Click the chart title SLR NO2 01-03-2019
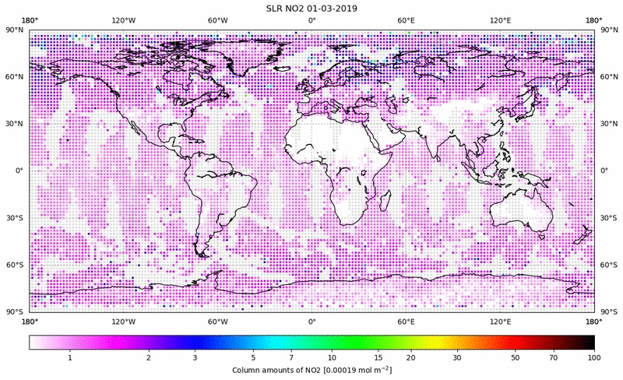pos(311,7)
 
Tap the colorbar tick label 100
pos(594,357)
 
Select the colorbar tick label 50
pos(516,357)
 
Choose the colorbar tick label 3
pos(195,357)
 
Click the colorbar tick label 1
pos(70,357)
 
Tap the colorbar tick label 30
pos(458,357)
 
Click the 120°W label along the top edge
pos(123,20)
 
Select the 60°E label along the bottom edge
pos(406,320)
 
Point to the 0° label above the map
pos(311,20)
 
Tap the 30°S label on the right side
pos(609,217)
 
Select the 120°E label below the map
pos(500,320)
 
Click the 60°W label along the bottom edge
pos(217,320)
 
